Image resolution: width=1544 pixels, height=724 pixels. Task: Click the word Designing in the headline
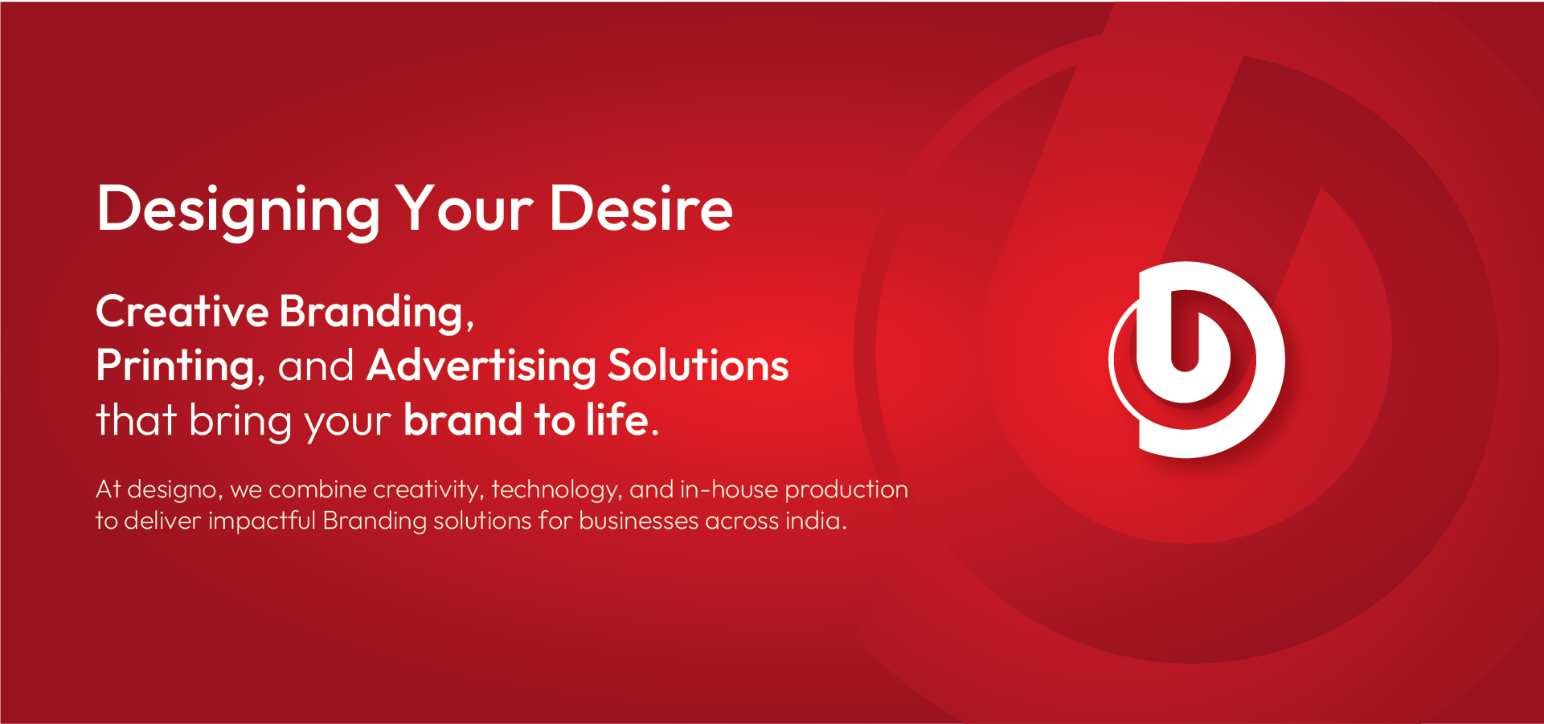pos(238,211)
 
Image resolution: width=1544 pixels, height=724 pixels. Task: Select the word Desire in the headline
pos(641,208)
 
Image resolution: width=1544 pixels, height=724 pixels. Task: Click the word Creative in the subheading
pos(182,311)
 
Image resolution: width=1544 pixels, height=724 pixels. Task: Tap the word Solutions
pos(698,365)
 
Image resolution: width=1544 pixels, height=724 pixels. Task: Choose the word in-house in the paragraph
pos(729,489)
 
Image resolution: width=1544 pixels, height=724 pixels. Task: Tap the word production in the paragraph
pos(846,490)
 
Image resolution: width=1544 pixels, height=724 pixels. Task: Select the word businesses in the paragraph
pos(639,521)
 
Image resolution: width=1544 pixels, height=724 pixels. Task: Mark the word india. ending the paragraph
pos(816,521)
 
